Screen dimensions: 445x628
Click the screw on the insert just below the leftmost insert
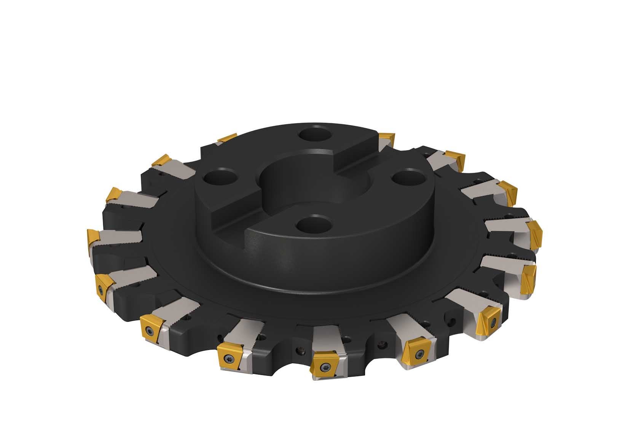tap(101, 290)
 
